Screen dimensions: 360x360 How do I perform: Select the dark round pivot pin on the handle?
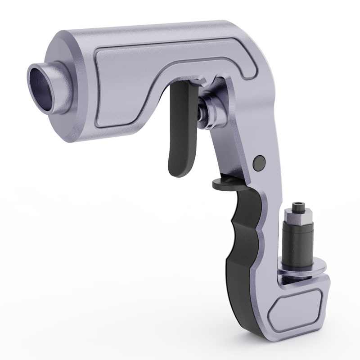pyautogui.click(x=259, y=162)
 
